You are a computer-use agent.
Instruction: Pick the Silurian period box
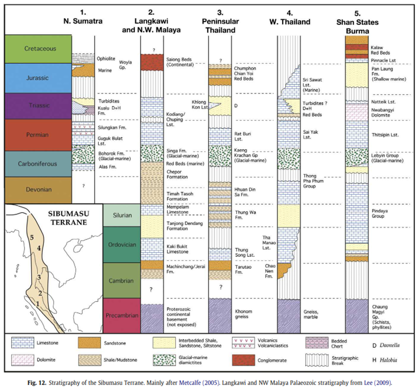click(x=122, y=215)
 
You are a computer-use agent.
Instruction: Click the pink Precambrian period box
click(x=122, y=315)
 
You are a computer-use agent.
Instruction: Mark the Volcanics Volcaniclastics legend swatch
click(x=241, y=343)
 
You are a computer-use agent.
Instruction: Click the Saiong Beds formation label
click(x=180, y=61)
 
